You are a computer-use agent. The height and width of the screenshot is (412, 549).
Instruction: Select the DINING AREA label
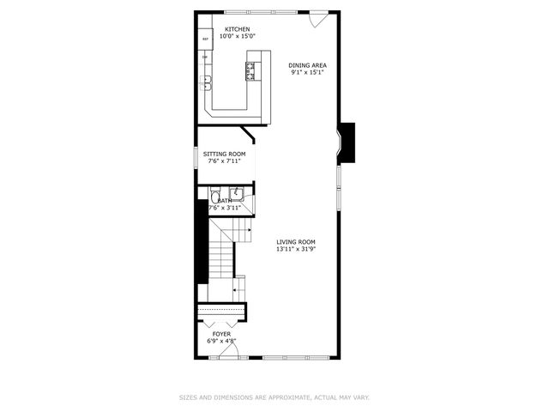pos(307,64)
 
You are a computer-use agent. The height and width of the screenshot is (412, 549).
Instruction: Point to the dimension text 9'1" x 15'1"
pos(307,71)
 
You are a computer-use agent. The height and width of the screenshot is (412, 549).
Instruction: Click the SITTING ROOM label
pos(218,154)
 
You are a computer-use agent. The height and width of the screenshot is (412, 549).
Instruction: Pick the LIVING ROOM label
pos(296,241)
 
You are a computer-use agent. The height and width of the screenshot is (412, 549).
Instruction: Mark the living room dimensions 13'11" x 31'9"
pos(296,249)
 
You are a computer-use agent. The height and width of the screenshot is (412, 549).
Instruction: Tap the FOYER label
pos(221,334)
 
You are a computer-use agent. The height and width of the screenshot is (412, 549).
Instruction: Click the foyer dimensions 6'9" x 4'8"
pos(221,341)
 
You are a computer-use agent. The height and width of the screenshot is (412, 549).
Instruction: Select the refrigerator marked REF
pos(206,39)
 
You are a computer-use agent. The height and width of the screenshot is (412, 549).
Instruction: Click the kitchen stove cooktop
pos(252,71)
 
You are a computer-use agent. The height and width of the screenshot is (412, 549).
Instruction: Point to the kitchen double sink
pos(207,82)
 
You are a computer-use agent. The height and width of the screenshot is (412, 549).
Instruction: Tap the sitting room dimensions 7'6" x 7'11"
pos(218,161)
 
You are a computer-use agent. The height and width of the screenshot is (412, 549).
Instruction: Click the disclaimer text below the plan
pos(274,397)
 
